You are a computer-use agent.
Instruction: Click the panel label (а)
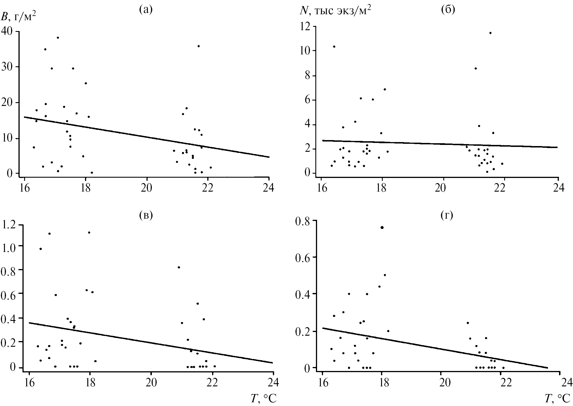[146, 10]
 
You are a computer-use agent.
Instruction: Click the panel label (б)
[448, 10]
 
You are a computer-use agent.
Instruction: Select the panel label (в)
[146, 216]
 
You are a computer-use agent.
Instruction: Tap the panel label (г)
[447, 216]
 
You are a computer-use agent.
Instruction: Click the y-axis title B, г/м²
[18, 17]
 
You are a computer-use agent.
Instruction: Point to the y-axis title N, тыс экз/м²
[335, 11]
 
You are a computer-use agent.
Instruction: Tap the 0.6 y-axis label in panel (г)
[303, 257]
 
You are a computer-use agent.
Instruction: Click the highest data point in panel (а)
[58, 38]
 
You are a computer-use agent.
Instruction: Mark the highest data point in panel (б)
[490, 33]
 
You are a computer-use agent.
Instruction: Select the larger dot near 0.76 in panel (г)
[382, 227]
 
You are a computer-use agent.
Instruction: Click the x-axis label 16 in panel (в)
[29, 383]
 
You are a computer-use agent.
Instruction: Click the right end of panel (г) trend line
[547, 368]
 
